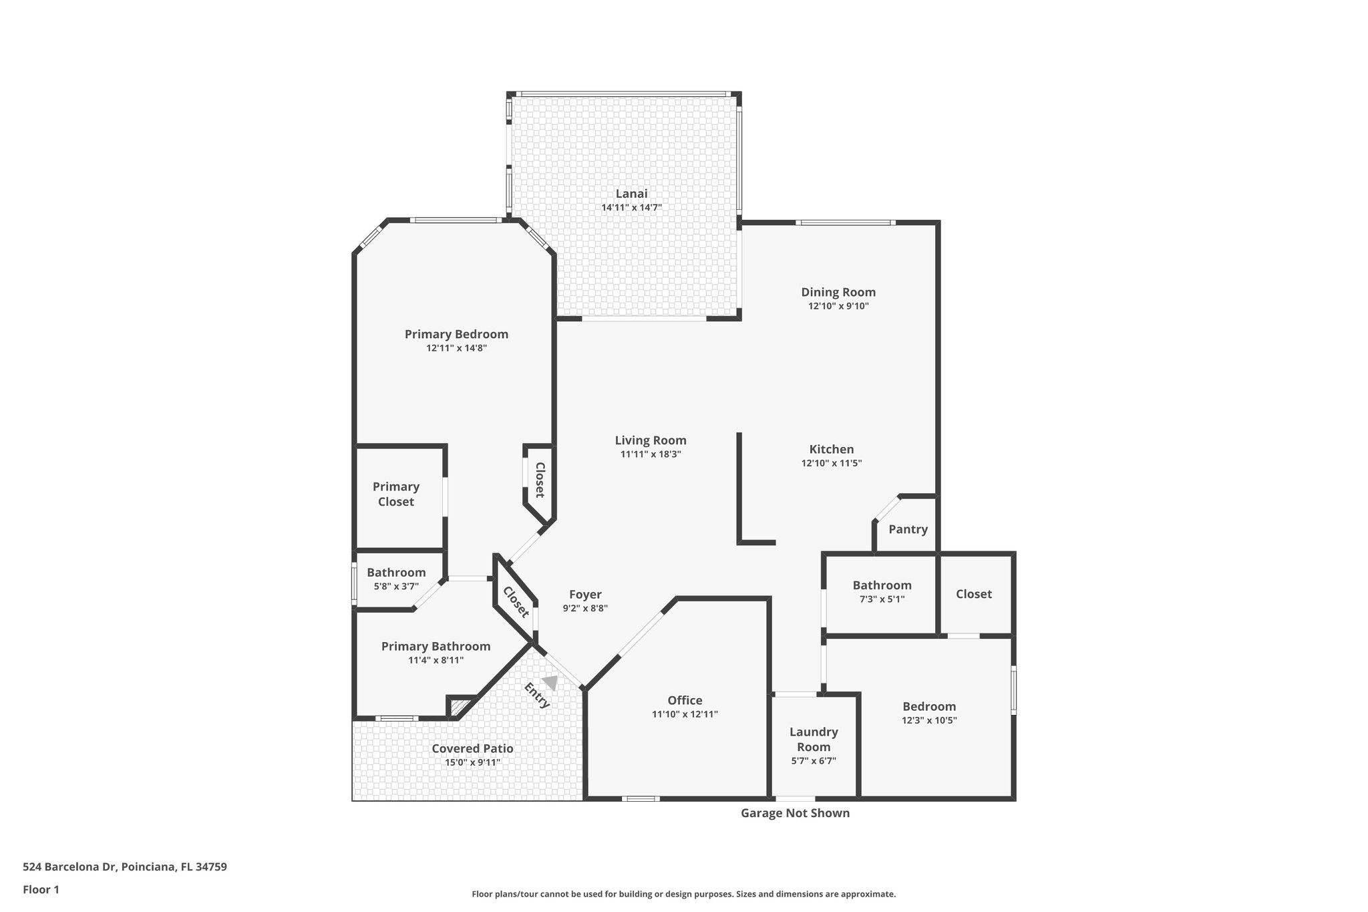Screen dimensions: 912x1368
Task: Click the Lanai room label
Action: point(631,194)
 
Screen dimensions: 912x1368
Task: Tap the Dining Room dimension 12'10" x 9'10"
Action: point(838,306)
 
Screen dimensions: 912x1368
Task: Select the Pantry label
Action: point(908,529)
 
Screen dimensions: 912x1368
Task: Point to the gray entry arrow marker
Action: point(550,682)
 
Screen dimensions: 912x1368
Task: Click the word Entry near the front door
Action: point(537,696)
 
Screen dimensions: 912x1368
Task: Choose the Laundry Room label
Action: point(814,739)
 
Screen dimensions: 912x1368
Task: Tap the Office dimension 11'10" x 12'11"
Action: point(685,714)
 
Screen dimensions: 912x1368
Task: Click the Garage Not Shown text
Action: point(795,813)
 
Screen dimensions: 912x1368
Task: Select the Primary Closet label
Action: point(396,494)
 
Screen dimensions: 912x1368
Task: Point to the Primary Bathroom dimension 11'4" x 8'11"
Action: point(436,660)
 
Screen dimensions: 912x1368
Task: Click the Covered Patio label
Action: point(472,748)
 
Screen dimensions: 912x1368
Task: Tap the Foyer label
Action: point(585,595)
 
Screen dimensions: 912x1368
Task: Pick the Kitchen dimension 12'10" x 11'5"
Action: point(832,463)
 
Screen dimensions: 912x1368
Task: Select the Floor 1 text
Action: point(41,889)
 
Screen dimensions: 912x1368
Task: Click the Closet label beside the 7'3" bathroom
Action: point(973,594)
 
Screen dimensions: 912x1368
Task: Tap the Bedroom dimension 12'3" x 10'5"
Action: point(929,720)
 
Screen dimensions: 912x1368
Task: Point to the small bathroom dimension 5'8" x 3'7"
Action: point(396,587)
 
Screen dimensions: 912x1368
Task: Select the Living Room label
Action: point(651,440)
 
